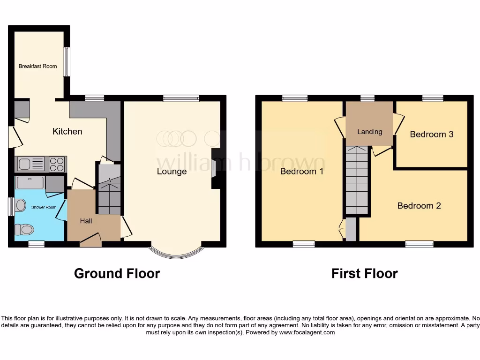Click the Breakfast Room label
[37, 66]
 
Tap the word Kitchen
[67, 131]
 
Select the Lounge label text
[172, 171]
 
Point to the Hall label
[86, 221]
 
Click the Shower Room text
[44, 207]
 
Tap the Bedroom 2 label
[419, 205]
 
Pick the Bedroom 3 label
[431, 134]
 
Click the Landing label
[369, 132]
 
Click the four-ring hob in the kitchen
[57, 164]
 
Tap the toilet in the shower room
[24, 229]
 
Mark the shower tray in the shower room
[30, 182]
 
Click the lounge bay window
[176, 254]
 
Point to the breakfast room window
[67, 61]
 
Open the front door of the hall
[90, 241]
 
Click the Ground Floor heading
[117, 273]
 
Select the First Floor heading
[364, 273]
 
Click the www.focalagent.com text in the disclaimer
[307, 332]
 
